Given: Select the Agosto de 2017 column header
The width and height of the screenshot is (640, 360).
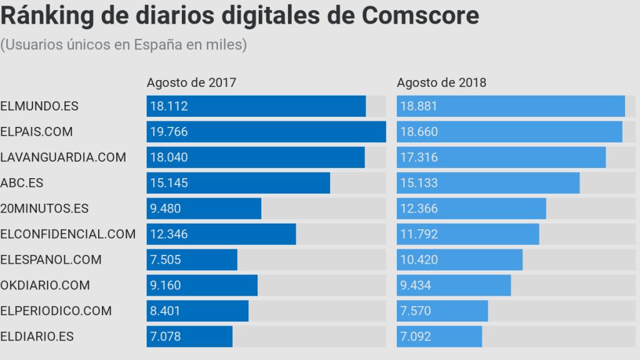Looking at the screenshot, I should [191, 82].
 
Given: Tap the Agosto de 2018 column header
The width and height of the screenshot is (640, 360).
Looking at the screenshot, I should [441, 82].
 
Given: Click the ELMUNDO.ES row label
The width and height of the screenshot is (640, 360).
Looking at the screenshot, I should [39, 106].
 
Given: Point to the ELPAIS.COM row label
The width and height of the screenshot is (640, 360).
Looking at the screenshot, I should [36, 132].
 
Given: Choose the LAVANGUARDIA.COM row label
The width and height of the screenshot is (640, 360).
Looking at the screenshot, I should [63, 157].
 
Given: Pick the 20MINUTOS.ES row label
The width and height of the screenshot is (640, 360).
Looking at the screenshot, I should [44, 209].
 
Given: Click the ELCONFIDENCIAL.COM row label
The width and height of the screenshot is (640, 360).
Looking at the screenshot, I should [68, 234].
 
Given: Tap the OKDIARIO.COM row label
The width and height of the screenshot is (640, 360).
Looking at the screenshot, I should [45, 286].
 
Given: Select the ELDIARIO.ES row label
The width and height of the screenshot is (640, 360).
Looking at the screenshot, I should [37, 336].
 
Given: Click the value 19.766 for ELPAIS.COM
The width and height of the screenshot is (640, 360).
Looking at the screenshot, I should [169, 132].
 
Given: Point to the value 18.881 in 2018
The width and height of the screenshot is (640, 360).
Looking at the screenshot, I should [419, 106].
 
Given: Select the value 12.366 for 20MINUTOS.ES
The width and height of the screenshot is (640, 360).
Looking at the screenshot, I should [419, 209].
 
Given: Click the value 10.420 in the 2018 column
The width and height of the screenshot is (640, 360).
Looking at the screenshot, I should [419, 260].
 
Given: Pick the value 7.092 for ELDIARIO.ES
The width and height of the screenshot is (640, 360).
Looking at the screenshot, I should [416, 337].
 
